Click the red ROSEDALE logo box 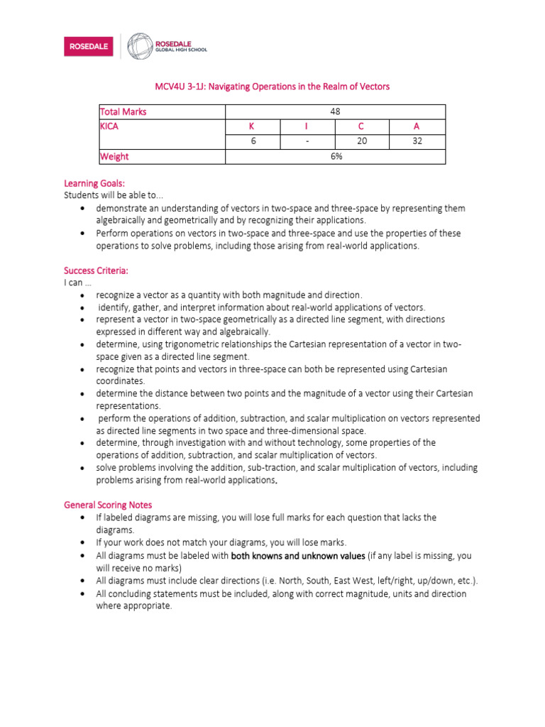pyautogui.click(x=88, y=47)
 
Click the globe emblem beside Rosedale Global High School pyautogui.click(x=140, y=46)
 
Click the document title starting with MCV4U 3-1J pyautogui.click(x=272, y=87)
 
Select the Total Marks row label pyautogui.click(x=123, y=111)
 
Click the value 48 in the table pyautogui.click(x=336, y=111)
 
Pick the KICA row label pyautogui.click(x=109, y=126)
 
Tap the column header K pyautogui.click(x=251, y=126)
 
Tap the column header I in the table pyautogui.click(x=307, y=126)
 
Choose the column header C pyautogui.click(x=362, y=126)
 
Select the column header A pyautogui.click(x=417, y=126)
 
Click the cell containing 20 pyautogui.click(x=362, y=141)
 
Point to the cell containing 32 pyautogui.click(x=417, y=141)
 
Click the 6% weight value pyautogui.click(x=336, y=156)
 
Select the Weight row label pyautogui.click(x=114, y=156)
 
